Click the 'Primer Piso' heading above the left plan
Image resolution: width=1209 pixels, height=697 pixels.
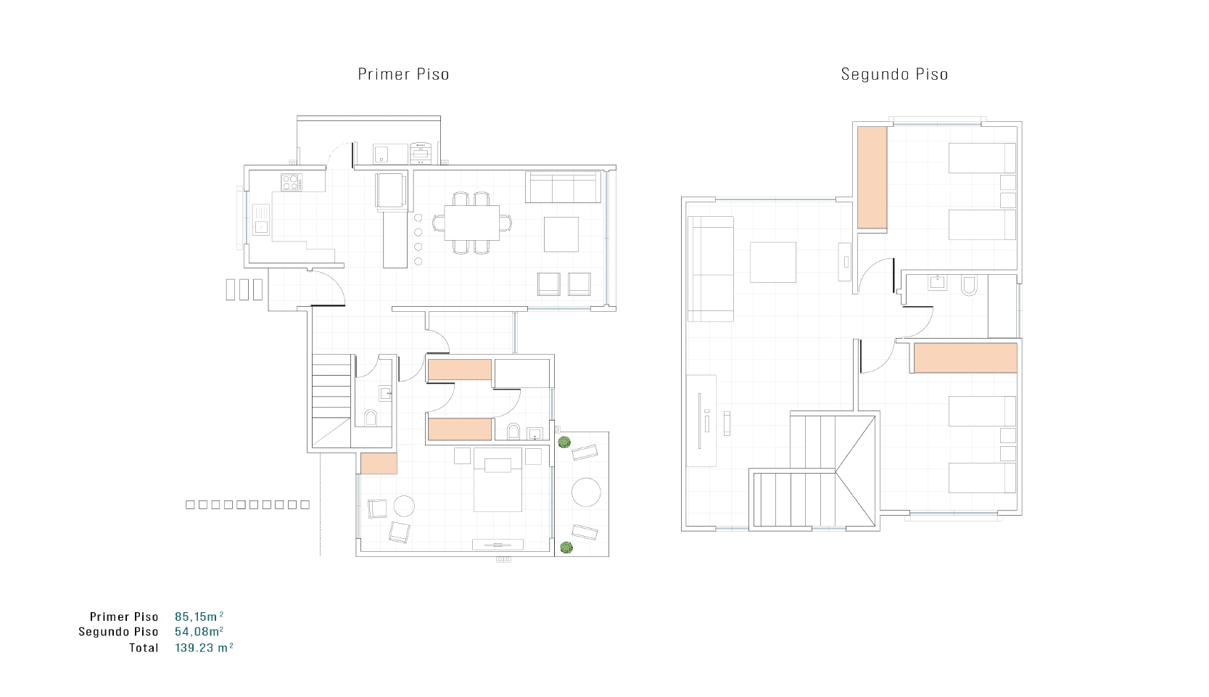(x=403, y=74)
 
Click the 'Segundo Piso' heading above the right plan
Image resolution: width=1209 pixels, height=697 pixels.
(x=894, y=74)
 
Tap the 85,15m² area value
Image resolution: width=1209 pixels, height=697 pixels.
(x=199, y=616)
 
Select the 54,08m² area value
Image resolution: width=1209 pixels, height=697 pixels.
(x=199, y=632)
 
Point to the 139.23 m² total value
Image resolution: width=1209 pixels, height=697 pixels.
(x=204, y=648)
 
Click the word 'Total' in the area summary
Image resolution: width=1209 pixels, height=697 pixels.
(x=144, y=648)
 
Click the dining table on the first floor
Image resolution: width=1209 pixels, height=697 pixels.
(x=471, y=223)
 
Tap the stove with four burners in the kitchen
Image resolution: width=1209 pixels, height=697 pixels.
(x=292, y=182)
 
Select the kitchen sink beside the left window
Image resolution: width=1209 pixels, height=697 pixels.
(x=260, y=220)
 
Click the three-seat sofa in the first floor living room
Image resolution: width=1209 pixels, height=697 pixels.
(x=563, y=187)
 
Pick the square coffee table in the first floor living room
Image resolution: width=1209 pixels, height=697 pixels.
(x=561, y=234)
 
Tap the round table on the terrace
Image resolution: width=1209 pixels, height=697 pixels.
(x=586, y=492)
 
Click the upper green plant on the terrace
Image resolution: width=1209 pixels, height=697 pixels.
(x=564, y=442)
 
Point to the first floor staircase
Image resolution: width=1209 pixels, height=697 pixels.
(x=331, y=400)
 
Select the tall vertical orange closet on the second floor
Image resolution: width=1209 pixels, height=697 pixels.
(x=872, y=178)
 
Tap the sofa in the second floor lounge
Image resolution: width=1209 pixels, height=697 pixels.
(x=711, y=269)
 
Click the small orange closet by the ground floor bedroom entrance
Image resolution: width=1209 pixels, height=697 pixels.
(x=379, y=463)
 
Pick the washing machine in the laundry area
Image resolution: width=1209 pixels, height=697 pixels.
(x=421, y=153)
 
